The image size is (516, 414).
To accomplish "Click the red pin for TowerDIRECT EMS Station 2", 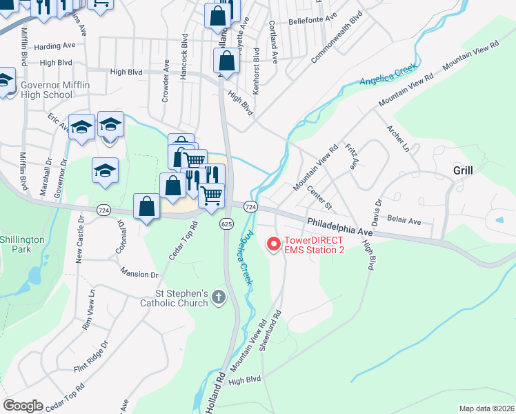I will tap(273, 244).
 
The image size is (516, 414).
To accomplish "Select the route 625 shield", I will tap(226, 224).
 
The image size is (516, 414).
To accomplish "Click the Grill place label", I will tap(462, 170).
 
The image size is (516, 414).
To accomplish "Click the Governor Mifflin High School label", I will tap(47, 90).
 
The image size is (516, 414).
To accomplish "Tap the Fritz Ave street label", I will tap(352, 157).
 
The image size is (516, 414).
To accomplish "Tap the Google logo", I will tap(23, 405).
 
